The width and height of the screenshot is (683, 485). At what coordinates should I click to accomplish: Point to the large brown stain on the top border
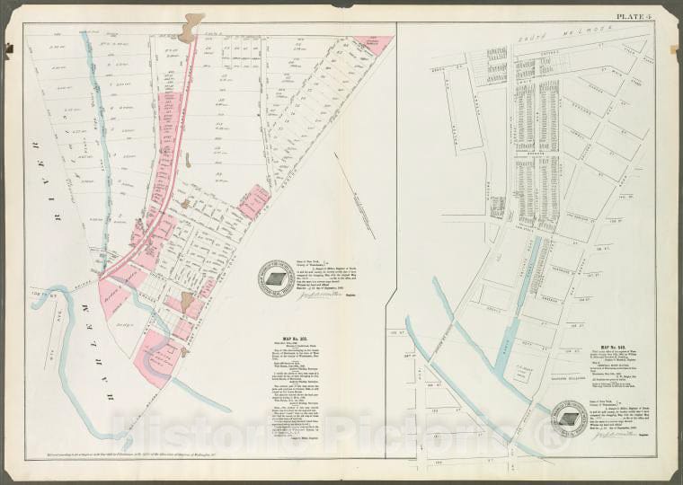point(190,27)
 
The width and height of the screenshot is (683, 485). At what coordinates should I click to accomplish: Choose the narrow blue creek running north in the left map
point(104,144)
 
